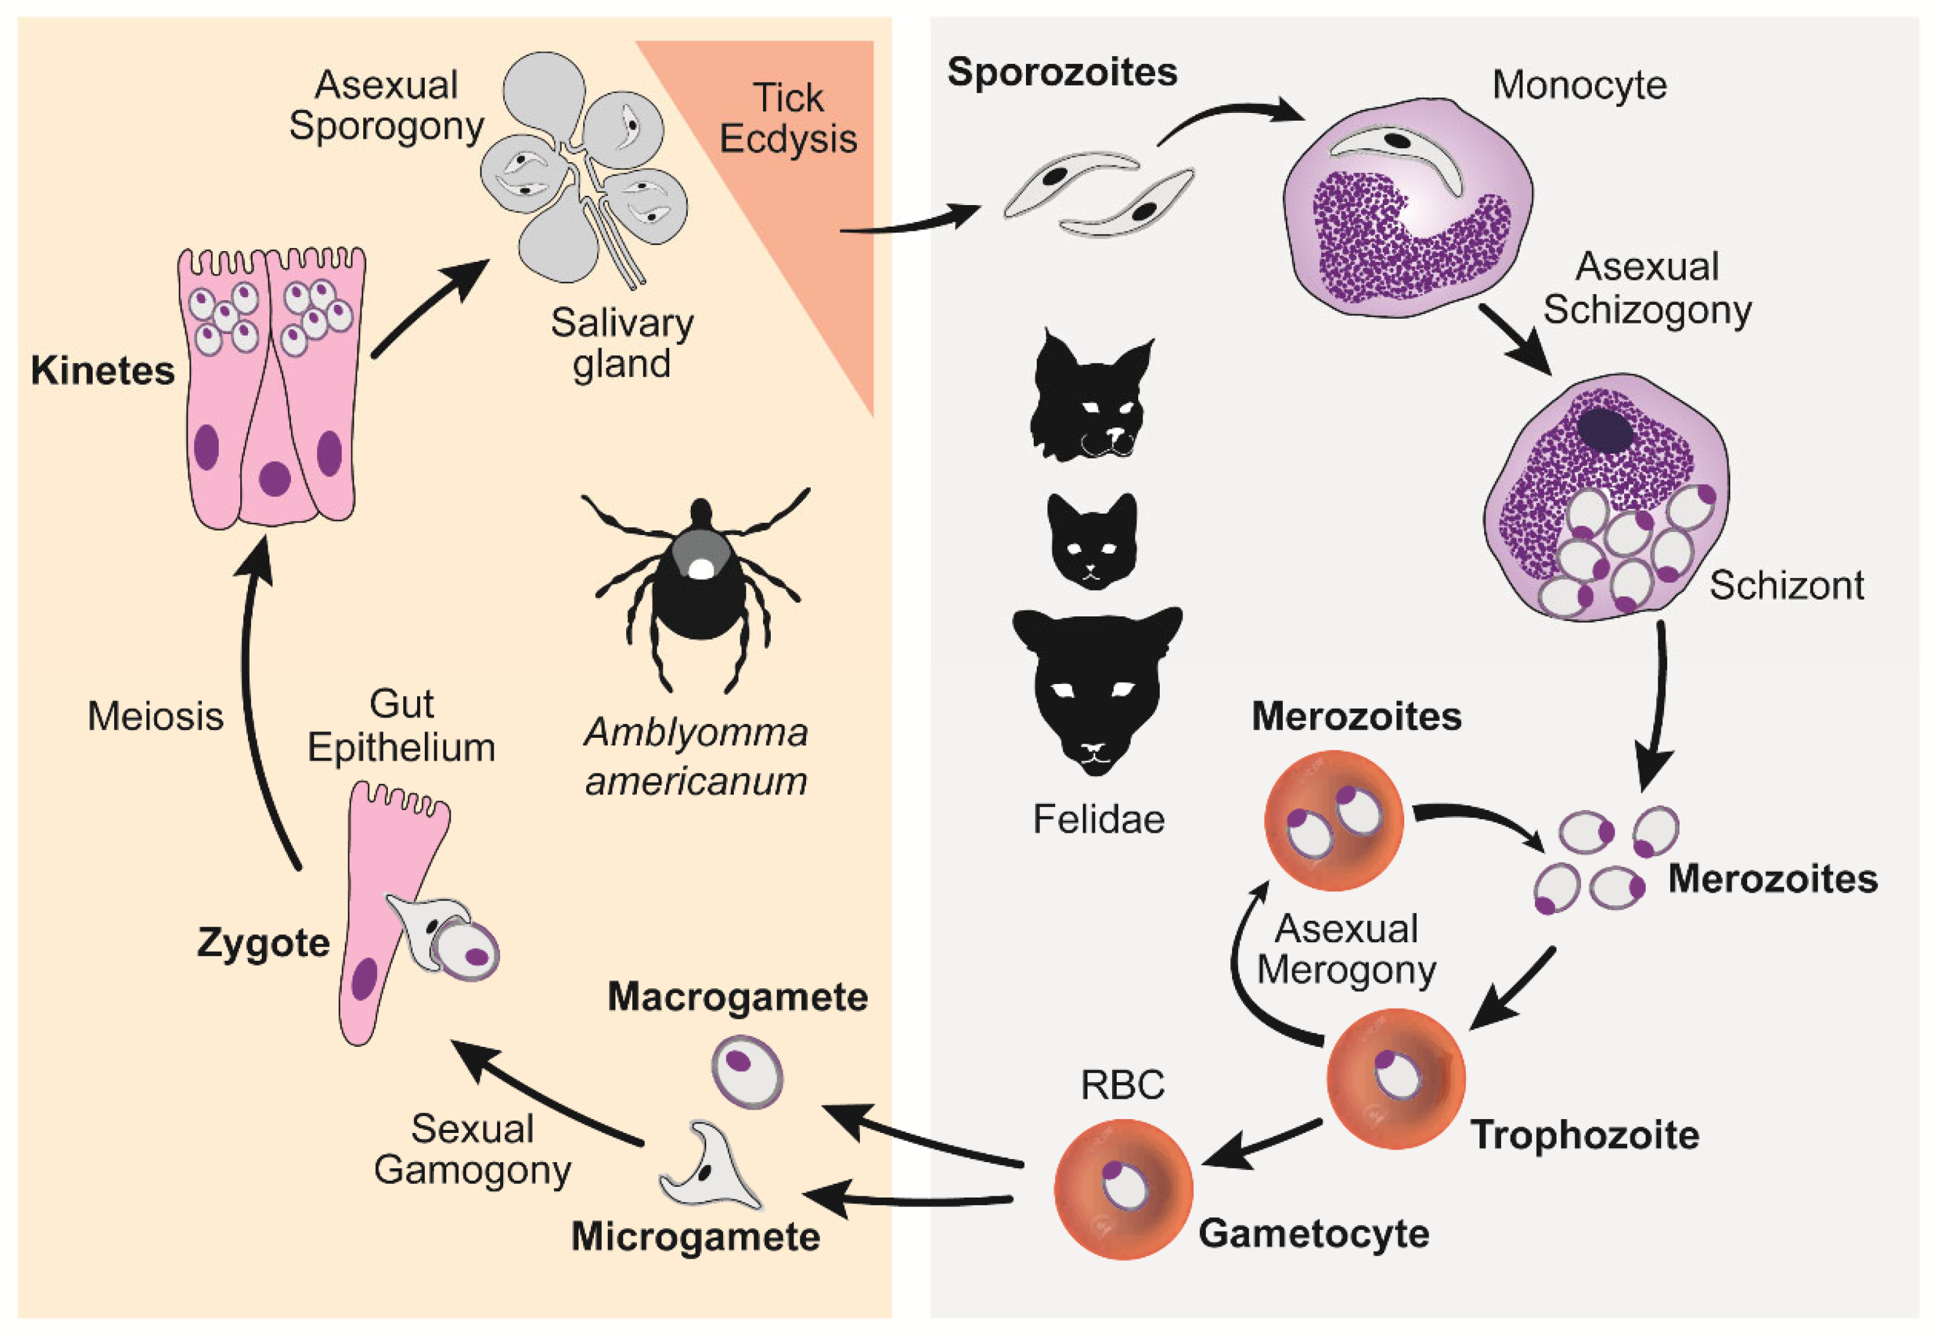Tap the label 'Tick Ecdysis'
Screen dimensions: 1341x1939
tap(788, 118)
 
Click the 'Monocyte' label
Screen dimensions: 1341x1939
tap(1579, 85)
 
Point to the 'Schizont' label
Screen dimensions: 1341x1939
tap(1786, 585)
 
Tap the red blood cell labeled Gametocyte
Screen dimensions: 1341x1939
tap(1123, 1189)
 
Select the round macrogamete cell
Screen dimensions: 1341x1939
tap(746, 1072)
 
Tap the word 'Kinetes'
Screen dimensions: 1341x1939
tap(102, 371)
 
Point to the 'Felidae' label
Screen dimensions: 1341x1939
tap(1098, 819)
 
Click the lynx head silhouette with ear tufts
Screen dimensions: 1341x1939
tap(1090, 399)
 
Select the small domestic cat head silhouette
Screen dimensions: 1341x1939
tap(1092, 542)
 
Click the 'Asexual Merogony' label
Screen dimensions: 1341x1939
tap(1346, 949)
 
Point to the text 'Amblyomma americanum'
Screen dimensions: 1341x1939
tap(696, 756)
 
